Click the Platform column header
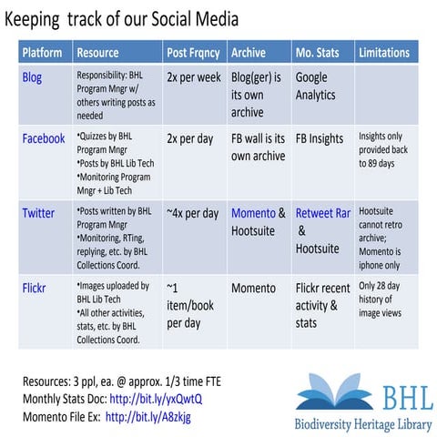42,53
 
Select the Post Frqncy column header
194,53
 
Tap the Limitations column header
384,53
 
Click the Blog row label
32,77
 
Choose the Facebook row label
44,138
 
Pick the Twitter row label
38,213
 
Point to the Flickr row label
36,288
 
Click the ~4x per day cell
191,213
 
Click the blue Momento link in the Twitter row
253,213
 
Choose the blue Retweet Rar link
322,213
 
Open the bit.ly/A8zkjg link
149,416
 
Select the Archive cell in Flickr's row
253,288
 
